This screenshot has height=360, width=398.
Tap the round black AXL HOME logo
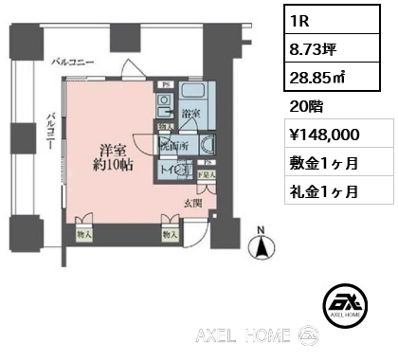(x=347, y=301)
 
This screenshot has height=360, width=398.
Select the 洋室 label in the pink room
(x=109, y=149)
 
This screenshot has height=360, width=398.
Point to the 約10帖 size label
(x=109, y=165)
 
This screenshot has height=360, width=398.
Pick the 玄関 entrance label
(x=193, y=202)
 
